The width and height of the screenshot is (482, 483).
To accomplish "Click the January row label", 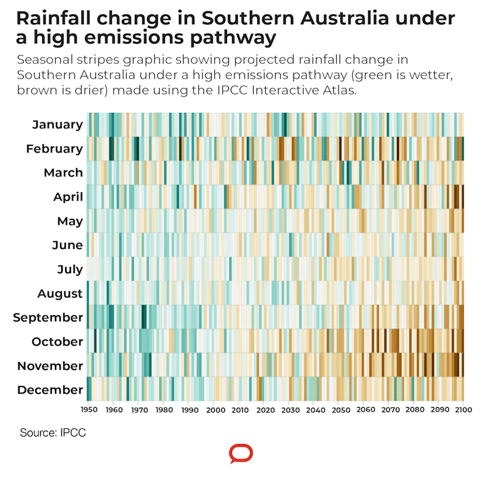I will (x=58, y=124).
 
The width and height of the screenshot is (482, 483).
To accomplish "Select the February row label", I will (x=54, y=149).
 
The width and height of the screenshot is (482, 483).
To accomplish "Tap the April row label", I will (x=68, y=197).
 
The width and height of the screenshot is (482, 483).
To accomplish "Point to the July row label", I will (x=70, y=269).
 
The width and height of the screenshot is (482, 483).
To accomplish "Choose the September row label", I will (x=48, y=317).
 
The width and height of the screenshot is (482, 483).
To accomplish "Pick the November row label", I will (x=50, y=366).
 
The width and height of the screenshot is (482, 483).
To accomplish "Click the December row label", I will (x=50, y=390).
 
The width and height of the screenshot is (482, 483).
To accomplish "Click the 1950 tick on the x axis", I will (x=89, y=410).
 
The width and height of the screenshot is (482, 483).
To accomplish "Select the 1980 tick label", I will (x=164, y=410).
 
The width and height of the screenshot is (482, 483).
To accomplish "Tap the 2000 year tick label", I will (x=216, y=410).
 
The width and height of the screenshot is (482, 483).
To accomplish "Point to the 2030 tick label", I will (x=290, y=410).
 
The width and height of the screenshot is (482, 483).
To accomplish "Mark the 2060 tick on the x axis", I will (x=365, y=410).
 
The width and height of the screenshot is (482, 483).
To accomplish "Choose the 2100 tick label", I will (x=463, y=410).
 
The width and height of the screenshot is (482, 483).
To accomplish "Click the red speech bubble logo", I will (x=241, y=454).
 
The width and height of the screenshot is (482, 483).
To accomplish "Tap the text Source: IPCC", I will (x=53, y=433).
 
